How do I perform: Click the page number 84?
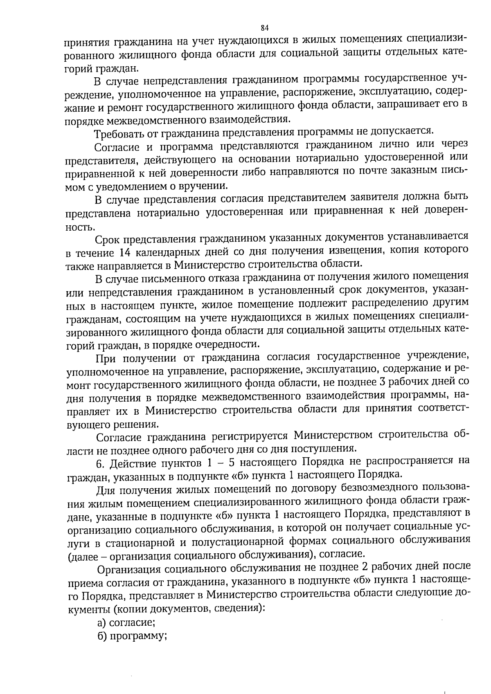tap(264, 27)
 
